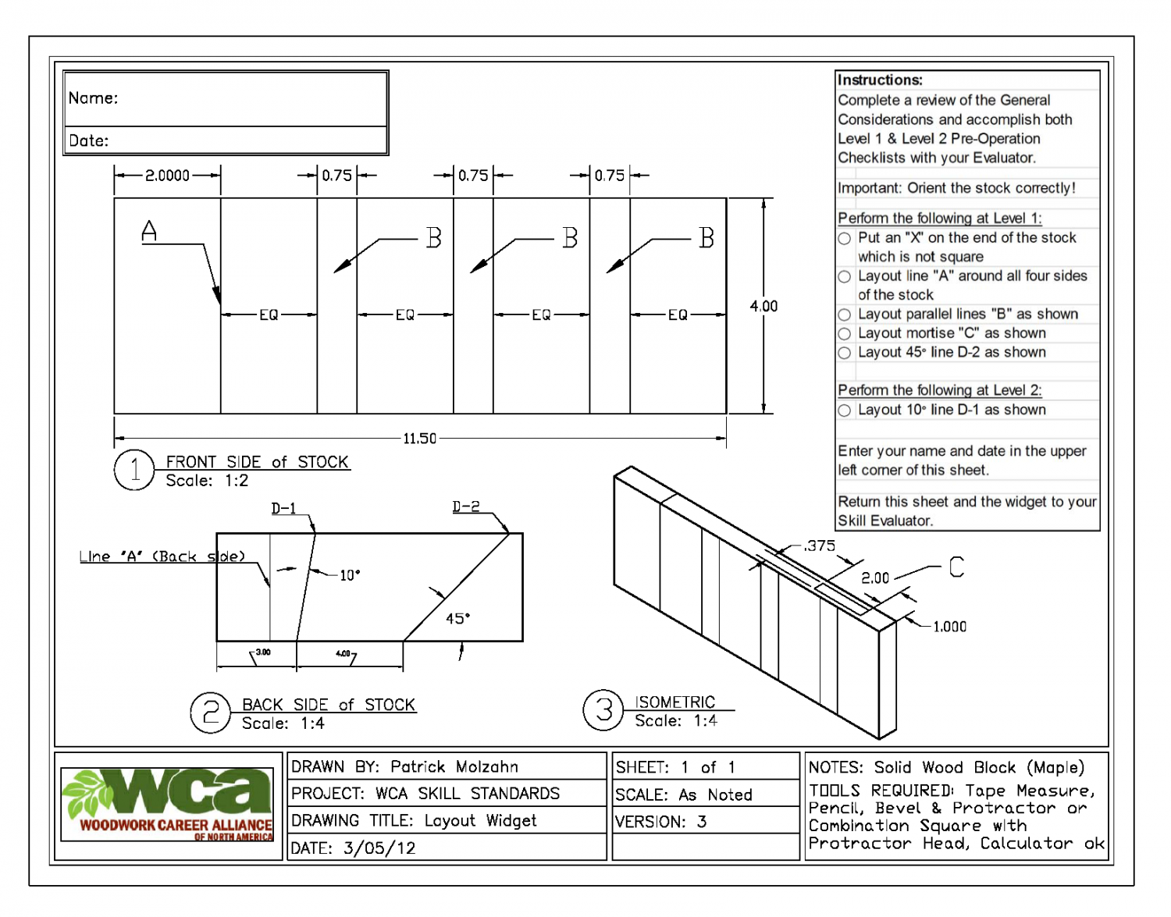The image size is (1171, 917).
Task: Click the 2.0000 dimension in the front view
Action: coord(167,176)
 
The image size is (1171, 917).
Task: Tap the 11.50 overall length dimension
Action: coord(420,439)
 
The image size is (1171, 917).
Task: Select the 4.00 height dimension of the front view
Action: coord(763,306)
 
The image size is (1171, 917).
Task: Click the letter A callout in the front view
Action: coord(149,231)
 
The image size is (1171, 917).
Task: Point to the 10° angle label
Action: coord(350,576)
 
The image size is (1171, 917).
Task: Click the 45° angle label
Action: coord(458,618)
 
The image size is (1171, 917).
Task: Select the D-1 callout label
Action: coord(283,509)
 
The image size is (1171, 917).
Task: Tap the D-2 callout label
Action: coord(466,506)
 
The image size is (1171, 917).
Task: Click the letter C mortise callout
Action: coord(956,567)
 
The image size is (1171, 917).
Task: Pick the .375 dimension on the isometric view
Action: coord(819,546)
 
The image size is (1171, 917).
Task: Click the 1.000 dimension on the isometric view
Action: coord(949,627)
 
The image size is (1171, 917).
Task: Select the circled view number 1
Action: coord(134,470)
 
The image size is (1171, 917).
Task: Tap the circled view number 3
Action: coord(603,710)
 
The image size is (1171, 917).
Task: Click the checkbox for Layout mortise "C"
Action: coord(845,334)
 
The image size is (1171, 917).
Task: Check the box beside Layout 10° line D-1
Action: coord(845,411)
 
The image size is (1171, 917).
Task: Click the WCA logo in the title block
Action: coord(168,805)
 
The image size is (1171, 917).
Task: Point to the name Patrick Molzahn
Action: coord(454,767)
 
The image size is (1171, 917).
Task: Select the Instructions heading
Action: coord(880,80)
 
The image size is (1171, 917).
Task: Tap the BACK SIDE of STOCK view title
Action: coord(328,705)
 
